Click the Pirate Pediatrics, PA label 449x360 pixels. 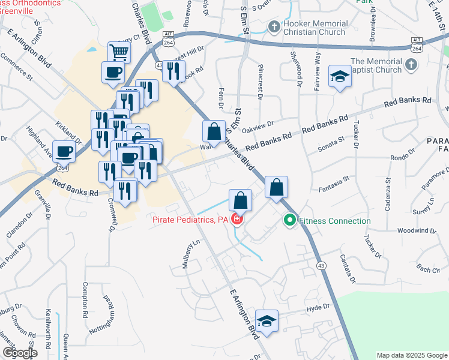[x=190, y=220]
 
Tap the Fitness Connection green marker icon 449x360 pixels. [x=290, y=221]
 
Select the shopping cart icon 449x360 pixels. [x=119, y=52]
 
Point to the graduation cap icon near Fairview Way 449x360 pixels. [x=340, y=76]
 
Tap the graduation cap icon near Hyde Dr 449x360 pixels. [x=267, y=319]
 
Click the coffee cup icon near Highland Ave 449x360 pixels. [x=64, y=151]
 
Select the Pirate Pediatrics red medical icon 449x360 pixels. [x=238, y=220]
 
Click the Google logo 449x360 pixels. [x=20, y=353]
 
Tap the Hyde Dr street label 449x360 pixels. [x=318, y=307]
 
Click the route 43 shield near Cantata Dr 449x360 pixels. [x=323, y=266]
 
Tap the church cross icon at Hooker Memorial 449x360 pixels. [x=274, y=26]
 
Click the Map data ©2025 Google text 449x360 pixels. [x=411, y=355]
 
